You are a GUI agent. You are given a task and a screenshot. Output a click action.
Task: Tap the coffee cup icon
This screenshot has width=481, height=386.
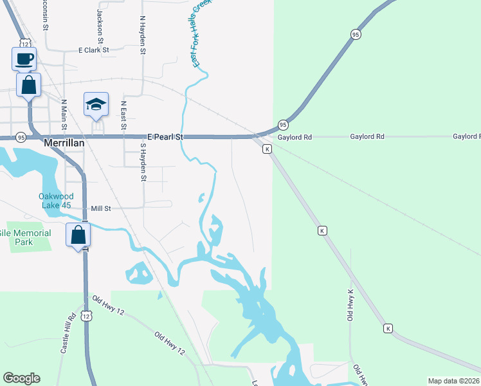point(24,59)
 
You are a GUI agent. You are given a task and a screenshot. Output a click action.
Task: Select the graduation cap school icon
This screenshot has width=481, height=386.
point(96,105)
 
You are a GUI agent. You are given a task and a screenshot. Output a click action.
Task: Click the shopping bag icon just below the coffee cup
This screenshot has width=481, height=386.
point(29,85)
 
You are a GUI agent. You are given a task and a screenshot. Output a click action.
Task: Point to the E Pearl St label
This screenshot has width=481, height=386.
point(165,137)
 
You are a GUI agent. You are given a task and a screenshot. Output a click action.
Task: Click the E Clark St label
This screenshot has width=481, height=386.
point(94,50)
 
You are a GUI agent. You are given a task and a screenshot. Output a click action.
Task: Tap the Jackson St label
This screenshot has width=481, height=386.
point(100,22)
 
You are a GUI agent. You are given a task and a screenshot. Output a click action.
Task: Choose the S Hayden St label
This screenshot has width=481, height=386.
point(143,161)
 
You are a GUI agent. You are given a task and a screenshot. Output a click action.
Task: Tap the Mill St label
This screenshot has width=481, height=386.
point(101,208)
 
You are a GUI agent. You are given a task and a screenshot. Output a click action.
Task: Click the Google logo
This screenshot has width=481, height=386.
point(21,378)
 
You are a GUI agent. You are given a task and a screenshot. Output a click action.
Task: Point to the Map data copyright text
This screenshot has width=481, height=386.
point(454,381)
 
